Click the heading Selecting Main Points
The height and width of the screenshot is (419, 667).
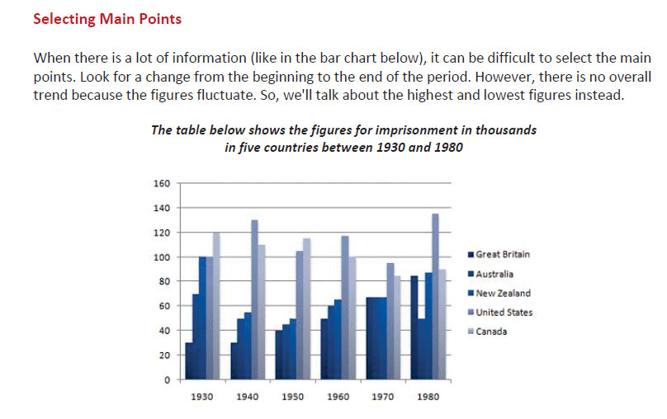[106, 18]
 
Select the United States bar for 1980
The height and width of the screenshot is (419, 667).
[435, 297]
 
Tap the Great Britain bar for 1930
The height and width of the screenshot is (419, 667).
[189, 361]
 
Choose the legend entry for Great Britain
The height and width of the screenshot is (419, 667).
[504, 255]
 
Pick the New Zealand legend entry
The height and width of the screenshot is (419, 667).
[503, 293]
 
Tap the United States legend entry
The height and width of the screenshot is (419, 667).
[504, 313]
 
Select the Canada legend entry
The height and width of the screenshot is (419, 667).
[493, 332]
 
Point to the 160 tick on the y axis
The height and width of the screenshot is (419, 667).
[162, 183]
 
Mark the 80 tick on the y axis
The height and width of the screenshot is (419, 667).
[164, 281]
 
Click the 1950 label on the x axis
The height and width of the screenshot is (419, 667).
[292, 397]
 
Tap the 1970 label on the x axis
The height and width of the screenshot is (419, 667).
[382, 397]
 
